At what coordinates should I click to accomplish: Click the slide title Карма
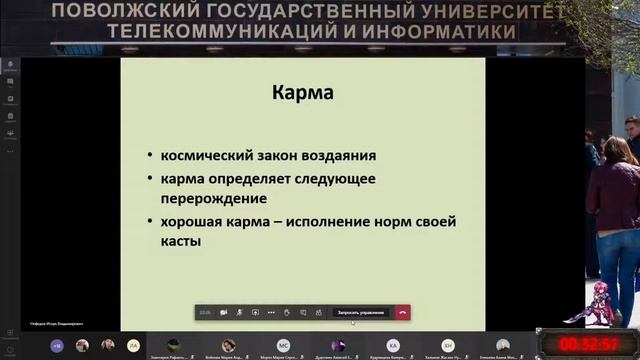[303, 95]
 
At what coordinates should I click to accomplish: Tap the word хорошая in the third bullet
[194, 221]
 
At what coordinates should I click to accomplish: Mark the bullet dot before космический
[149, 157]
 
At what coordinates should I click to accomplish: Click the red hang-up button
[402, 312]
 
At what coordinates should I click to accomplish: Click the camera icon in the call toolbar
[223, 312]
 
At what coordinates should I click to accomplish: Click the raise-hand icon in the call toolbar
[287, 312]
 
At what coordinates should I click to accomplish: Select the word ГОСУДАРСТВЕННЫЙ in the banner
[263, 11]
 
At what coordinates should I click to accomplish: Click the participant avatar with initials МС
[283, 345]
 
